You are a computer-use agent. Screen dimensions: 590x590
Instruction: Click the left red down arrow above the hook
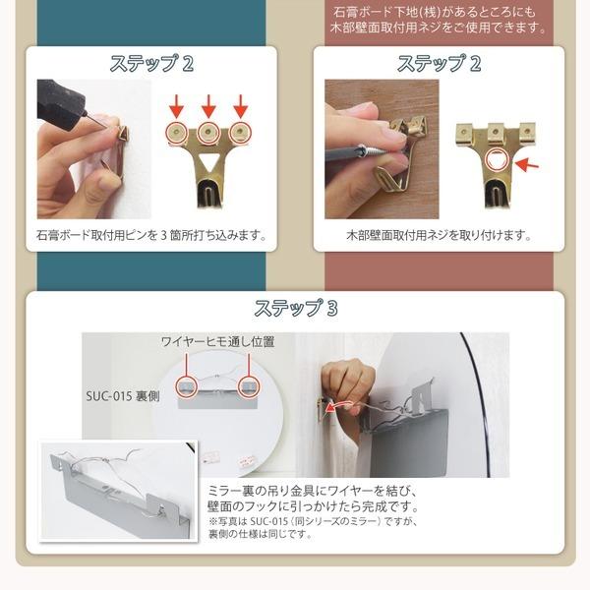click(176, 106)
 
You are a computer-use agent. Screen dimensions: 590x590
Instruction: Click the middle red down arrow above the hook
click(208, 106)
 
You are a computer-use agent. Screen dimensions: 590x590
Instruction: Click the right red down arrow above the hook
click(241, 106)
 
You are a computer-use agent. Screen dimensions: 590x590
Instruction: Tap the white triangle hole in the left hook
click(208, 162)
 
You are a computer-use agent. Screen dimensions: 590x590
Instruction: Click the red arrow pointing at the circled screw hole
click(527, 163)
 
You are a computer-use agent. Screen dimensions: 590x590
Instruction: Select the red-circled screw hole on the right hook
click(497, 159)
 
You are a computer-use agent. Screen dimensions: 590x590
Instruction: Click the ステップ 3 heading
click(296, 308)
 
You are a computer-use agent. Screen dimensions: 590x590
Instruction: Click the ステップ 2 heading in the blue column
click(151, 63)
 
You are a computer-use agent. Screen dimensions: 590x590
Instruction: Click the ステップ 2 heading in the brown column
click(440, 63)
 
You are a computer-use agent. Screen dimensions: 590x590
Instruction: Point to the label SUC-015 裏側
click(123, 396)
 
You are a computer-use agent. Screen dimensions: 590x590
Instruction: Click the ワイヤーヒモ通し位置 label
click(217, 341)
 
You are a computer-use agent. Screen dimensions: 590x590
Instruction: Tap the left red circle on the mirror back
click(187, 386)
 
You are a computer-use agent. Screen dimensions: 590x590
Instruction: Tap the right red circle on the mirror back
click(249, 386)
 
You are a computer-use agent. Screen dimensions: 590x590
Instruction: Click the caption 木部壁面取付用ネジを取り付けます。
click(439, 236)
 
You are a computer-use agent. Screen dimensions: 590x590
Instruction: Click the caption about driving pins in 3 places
click(151, 236)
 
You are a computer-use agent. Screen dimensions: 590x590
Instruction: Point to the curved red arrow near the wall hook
click(339, 405)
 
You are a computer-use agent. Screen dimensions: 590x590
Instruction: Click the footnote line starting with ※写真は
click(313, 521)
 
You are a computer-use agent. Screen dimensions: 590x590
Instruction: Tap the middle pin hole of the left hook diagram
click(208, 132)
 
